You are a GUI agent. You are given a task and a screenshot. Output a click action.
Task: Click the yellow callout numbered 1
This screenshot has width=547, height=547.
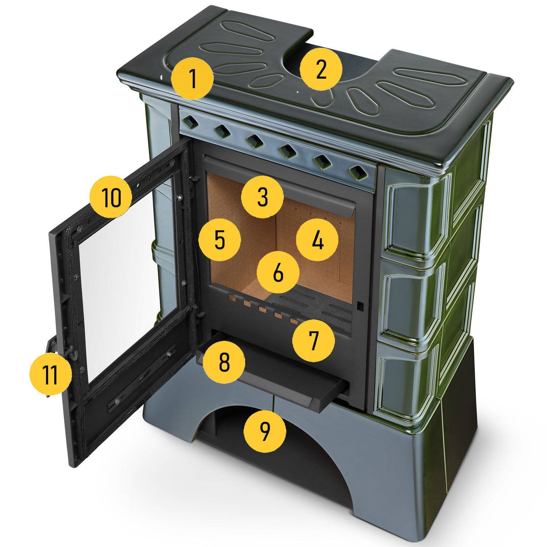193,78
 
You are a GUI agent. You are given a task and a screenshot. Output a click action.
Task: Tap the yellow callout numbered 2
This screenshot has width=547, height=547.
321,69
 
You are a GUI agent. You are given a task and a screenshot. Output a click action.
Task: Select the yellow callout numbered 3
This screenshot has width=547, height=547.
263,197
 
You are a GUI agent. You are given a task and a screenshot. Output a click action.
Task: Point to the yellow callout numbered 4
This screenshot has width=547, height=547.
318,240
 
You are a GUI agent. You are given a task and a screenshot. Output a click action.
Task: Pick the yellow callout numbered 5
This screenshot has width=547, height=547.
220,240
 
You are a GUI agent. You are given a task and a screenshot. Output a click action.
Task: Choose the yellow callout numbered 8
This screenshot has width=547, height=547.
224,362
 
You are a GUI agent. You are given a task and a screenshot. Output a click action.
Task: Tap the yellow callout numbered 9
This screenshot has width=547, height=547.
265,432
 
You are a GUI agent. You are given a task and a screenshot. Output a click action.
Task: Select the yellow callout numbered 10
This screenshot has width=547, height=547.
111,197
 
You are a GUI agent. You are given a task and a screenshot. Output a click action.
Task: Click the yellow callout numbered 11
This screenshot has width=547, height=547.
50,374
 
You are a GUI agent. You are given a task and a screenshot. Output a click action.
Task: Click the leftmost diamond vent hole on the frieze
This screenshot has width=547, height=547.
190,122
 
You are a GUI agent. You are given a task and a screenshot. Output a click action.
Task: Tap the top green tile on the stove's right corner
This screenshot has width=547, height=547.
419,215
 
